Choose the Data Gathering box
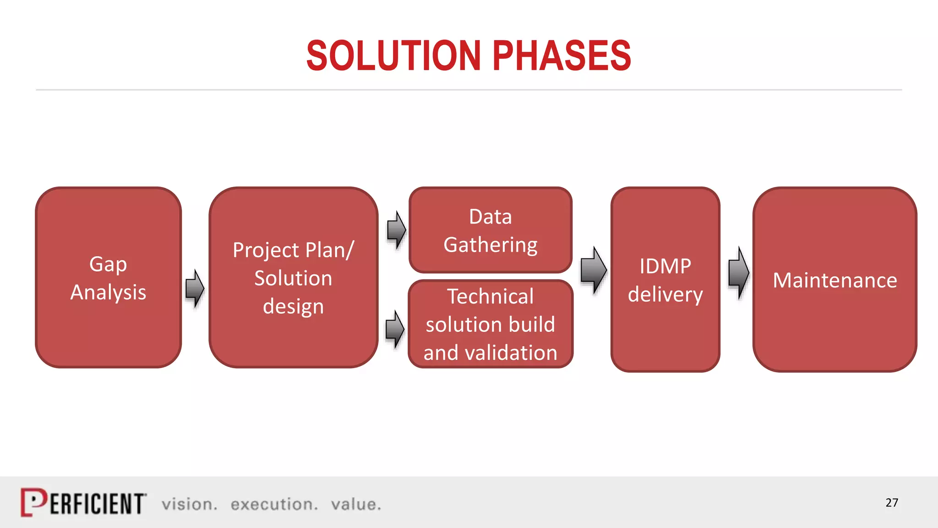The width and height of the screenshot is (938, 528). pos(490,230)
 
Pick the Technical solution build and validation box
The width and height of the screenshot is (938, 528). pos(490,324)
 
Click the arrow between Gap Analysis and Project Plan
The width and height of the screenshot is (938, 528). pos(195,288)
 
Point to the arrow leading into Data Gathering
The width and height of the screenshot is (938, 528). pos(396,230)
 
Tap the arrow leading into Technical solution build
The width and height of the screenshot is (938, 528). pos(395,329)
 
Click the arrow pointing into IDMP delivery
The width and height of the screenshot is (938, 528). pos(594,270)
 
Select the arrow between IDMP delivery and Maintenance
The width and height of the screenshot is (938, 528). pos(738,273)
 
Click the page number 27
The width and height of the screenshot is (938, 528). pos(891,503)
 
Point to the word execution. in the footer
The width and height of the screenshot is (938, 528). pos(274,504)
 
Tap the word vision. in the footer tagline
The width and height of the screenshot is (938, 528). pos(189,504)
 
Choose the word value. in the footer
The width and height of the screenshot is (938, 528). pos(356,504)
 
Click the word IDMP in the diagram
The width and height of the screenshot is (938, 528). pos(665,266)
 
